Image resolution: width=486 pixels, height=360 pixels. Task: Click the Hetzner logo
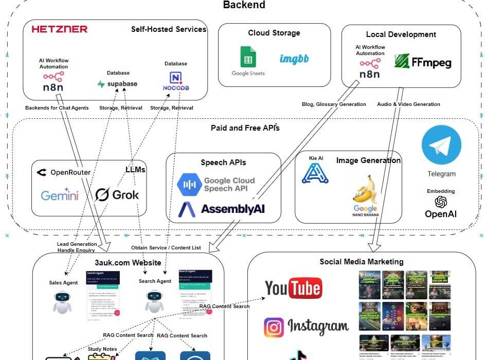coord(60,29)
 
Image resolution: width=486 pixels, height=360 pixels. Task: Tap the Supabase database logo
coord(117,84)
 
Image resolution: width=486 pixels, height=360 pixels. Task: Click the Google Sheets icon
coord(248,57)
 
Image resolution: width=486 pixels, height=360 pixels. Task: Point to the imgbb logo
coord(294,59)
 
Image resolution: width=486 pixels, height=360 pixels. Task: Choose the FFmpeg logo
coord(422,62)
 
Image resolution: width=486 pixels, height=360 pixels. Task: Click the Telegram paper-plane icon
coord(441,145)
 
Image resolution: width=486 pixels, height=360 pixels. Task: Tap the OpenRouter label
coord(64,172)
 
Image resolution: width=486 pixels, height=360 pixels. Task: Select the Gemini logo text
coord(60,195)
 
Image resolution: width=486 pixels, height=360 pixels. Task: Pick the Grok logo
coord(117,195)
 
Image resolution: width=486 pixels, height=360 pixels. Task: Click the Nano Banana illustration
coord(365,193)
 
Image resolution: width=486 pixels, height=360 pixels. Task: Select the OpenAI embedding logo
coord(441,202)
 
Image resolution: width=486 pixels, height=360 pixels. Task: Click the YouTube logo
coord(293,289)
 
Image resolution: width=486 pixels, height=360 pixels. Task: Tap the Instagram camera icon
coord(275,327)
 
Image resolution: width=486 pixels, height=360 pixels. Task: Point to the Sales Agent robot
coord(63,302)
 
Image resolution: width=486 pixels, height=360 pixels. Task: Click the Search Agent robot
coord(154,301)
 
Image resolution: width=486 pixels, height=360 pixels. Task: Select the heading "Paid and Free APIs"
coord(245,128)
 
